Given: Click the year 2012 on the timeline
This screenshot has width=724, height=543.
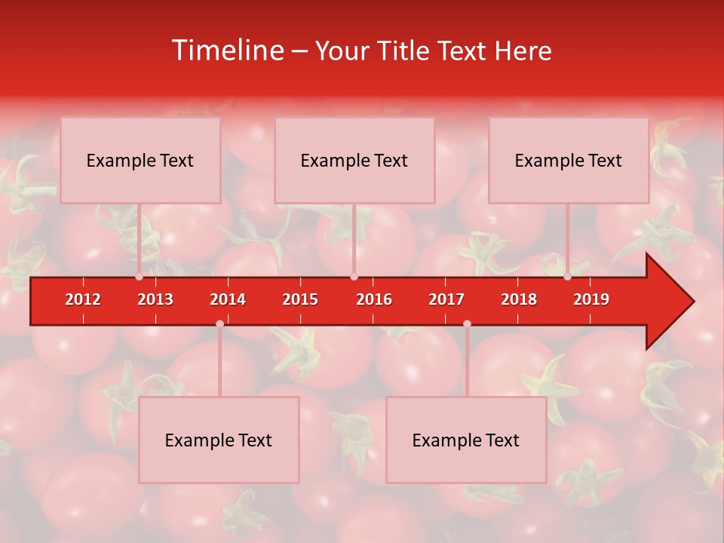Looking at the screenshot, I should click(x=83, y=299).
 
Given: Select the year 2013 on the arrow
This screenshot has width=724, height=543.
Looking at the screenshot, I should click(x=155, y=299).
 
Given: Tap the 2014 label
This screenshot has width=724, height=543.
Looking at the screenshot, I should click(x=228, y=299).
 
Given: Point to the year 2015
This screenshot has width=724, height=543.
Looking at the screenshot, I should click(x=300, y=299).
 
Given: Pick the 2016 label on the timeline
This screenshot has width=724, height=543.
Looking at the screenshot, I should click(x=374, y=299).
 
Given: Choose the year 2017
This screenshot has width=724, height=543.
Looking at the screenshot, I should click(x=446, y=299).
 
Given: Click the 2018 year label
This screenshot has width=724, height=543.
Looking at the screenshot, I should click(x=519, y=299).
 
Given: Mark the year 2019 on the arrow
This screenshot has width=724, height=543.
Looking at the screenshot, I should click(x=591, y=299).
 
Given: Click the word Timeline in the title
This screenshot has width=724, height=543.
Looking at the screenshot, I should click(x=226, y=51).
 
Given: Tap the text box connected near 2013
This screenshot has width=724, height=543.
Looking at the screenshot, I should click(x=140, y=160).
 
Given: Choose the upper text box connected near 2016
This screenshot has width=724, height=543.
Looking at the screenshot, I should click(x=354, y=160).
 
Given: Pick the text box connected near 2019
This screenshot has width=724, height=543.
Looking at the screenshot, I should click(x=569, y=160).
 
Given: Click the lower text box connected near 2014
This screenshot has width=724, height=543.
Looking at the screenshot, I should click(x=219, y=440).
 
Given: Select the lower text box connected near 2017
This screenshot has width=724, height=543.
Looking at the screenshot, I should click(x=466, y=440).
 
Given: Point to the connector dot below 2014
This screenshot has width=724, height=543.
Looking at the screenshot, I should click(x=219, y=324).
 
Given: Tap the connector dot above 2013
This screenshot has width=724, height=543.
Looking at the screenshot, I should click(x=140, y=277).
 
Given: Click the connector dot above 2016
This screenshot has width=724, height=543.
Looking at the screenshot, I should click(x=354, y=277).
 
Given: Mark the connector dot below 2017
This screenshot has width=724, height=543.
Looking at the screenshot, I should click(x=467, y=324).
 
